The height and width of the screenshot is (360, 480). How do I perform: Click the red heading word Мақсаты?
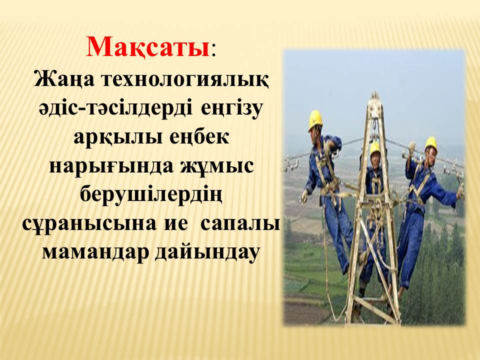(148, 47)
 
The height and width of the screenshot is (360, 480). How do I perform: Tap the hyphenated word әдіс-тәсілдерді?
(116, 108)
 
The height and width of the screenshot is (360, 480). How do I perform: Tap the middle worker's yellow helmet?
(375, 147)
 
